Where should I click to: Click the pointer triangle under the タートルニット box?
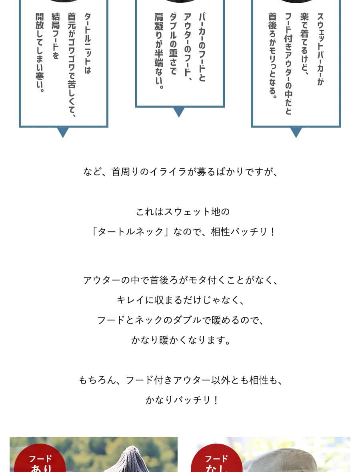pos(63,132)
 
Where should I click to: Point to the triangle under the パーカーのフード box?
pos(179,112)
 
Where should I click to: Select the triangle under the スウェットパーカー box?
pos(296,132)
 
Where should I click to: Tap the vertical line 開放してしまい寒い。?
pos(39,52)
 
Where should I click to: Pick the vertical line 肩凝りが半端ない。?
pos(159,50)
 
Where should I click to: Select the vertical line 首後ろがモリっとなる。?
pos(272,56)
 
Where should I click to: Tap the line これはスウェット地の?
pos(183,212)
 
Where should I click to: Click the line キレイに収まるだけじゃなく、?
pos(180,300)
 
